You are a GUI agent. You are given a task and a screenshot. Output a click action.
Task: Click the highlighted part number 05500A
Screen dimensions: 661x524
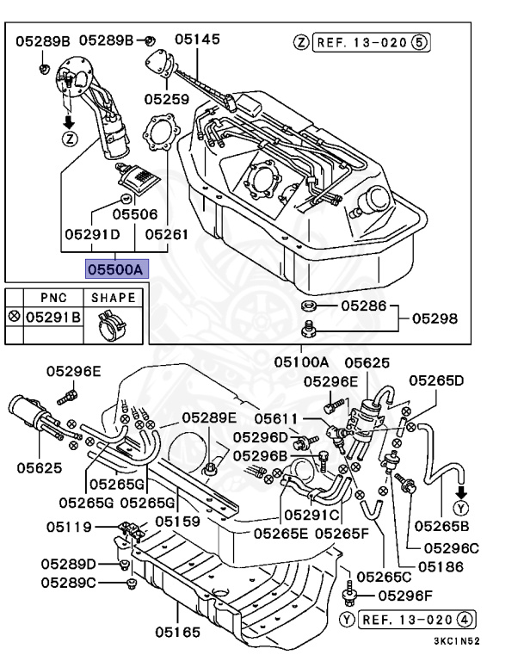pyautogui.click(x=116, y=269)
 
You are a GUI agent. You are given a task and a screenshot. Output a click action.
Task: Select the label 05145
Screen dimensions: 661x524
pyautogui.click(x=197, y=39)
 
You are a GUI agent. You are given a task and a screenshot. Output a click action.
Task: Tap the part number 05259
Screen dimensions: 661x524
pyautogui.click(x=166, y=99)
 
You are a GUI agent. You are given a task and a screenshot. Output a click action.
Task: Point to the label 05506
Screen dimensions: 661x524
pyautogui.click(x=135, y=213)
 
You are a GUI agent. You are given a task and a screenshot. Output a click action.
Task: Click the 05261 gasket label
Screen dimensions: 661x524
pyautogui.click(x=166, y=233)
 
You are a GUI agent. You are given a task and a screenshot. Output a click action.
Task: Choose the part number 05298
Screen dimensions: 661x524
pyautogui.click(x=435, y=318)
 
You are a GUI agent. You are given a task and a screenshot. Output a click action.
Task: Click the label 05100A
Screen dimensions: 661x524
pyautogui.click(x=302, y=361)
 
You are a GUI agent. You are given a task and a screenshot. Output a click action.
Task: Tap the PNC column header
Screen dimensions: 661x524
pyautogui.click(x=53, y=298)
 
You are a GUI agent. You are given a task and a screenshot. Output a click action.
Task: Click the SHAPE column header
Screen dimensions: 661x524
pyautogui.click(x=114, y=298)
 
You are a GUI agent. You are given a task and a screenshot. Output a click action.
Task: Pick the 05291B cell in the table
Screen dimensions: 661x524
pyautogui.click(x=52, y=317)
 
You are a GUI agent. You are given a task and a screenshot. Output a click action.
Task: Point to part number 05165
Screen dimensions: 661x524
pyautogui.click(x=177, y=633)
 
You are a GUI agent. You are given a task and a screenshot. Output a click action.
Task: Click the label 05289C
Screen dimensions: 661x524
pyautogui.click(x=68, y=583)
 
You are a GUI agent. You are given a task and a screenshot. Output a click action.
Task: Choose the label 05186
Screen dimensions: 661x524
pyautogui.click(x=441, y=567)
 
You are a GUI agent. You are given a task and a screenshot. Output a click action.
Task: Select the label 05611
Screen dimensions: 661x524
pyautogui.click(x=280, y=418)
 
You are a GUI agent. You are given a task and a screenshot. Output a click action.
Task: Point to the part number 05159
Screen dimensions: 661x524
pyautogui.click(x=177, y=522)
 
